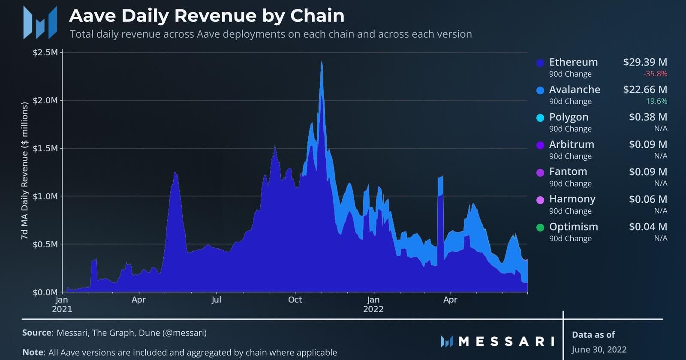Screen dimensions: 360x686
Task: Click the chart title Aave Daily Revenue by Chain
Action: tap(207, 16)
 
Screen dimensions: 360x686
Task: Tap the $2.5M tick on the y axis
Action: tap(45, 53)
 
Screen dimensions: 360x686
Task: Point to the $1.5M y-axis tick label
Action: tap(45, 149)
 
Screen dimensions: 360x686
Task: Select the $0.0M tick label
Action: tap(45, 293)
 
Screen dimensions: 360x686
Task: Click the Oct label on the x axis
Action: tap(295, 300)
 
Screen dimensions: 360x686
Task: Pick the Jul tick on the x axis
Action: tap(216, 300)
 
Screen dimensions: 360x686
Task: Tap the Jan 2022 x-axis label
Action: tap(373, 304)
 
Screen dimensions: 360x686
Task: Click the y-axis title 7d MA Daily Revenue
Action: tap(24, 171)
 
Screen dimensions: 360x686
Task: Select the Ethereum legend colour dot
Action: tap(540, 63)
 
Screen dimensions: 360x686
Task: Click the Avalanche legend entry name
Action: tap(575, 90)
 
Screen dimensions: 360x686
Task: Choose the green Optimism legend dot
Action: tap(540, 228)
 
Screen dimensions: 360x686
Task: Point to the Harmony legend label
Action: tap(572, 199)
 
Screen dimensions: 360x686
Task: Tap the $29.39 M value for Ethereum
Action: tap(645, 62)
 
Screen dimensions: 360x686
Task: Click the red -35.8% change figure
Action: tap(655, 74)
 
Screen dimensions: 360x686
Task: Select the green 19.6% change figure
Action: tap(656, 101)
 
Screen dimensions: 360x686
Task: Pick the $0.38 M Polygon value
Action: tap(648, 117)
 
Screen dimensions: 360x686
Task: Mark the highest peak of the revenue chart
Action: tap(322, 63)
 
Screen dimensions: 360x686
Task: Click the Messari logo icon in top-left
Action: tap(40, 22)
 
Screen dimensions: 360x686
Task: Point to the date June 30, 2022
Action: tap(599, 350)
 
